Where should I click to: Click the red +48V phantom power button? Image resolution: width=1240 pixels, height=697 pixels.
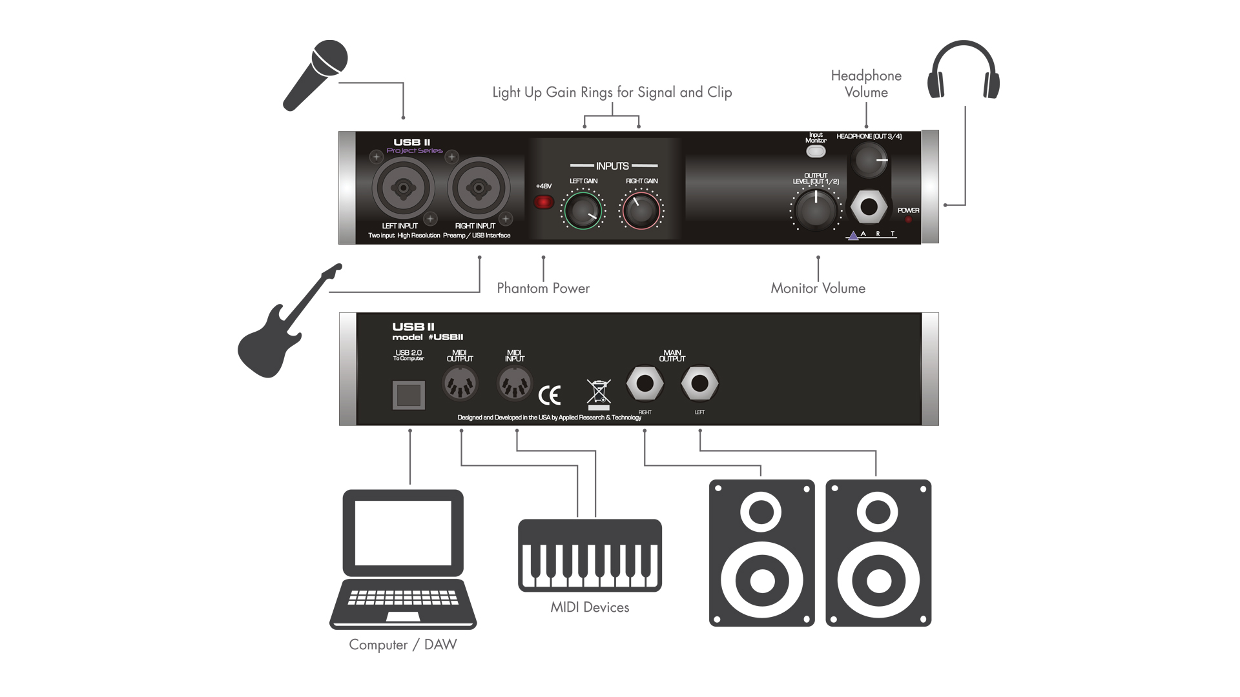point(544,203)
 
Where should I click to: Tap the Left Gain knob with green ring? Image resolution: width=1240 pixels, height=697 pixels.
point(583,210)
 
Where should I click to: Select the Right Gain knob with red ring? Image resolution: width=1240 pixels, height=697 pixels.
point(641,210)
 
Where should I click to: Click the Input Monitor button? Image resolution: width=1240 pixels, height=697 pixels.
point(816,152)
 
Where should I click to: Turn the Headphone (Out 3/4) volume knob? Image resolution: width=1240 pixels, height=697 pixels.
point(869,160)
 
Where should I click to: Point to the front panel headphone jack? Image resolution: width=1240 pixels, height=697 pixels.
point(869,207)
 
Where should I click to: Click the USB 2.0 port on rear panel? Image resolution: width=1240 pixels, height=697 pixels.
point(409,395)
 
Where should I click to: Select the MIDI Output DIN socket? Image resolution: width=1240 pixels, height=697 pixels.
point(460,385)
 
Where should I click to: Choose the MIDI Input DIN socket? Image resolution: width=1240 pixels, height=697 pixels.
point(515,385)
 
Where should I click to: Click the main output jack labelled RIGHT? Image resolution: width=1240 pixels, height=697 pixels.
point(645,384)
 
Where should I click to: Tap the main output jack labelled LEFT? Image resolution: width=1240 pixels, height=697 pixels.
point(699,384)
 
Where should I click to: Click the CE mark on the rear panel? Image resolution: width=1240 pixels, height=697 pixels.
point(550,395)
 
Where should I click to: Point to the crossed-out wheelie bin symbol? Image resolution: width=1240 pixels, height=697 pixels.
point(599,394)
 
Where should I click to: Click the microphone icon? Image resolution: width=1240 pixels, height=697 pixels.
point(315,76)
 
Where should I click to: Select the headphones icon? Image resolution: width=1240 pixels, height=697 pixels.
point(963,71)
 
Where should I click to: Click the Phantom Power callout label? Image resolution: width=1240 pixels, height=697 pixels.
point(543,288)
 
